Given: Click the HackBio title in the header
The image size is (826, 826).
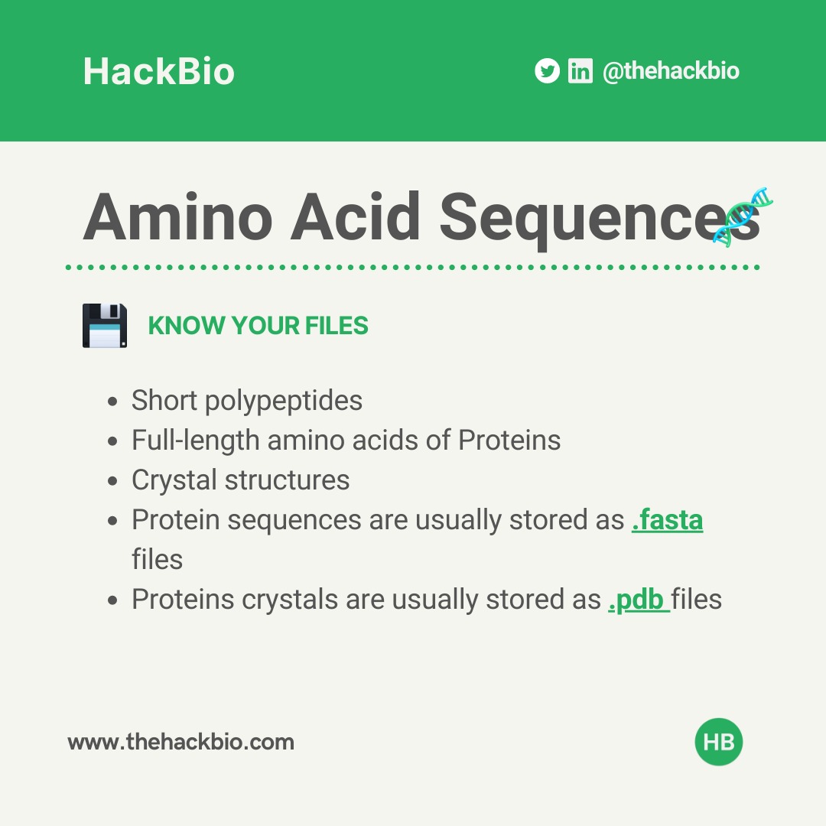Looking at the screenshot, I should pos(158,72).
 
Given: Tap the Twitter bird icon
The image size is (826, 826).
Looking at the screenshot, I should pos(547,71).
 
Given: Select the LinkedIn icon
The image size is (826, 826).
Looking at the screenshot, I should pos(580,71).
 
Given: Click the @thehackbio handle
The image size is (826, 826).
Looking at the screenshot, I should pos(671,71).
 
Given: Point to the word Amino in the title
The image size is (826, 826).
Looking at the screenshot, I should pos(177,216).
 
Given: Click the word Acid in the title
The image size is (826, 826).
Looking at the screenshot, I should pos(356,216).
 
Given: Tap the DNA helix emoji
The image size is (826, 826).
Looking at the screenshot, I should pos(743,214).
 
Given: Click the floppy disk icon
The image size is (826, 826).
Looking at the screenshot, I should pos(105,325).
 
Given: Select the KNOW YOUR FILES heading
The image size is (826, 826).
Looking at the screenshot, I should pos(258,326).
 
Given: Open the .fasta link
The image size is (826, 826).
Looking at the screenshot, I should pos(667,520).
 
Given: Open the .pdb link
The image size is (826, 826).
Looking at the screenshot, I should pos(637,600).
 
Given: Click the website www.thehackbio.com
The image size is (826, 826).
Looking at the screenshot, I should pos(180,742).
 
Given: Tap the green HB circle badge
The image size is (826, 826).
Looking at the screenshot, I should pos(719,742).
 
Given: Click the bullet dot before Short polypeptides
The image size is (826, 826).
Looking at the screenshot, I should pos(113,402).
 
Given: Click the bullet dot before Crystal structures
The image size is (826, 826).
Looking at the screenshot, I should pos(113,481).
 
